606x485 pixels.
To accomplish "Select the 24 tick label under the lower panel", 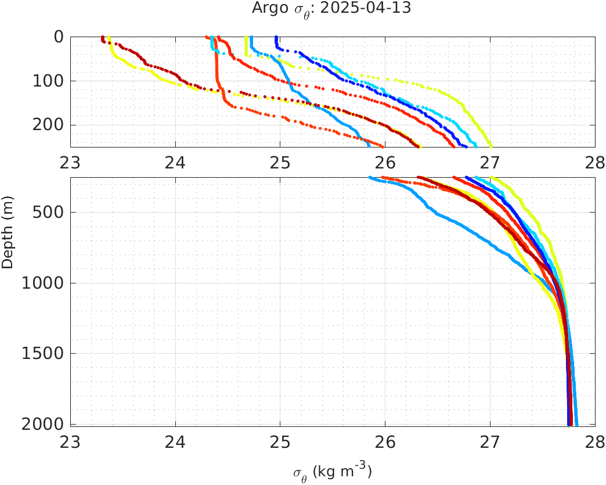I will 175,440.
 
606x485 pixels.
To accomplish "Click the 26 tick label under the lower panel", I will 385,440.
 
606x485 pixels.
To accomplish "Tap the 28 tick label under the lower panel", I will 595,440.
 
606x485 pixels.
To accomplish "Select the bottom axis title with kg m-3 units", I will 331,471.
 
